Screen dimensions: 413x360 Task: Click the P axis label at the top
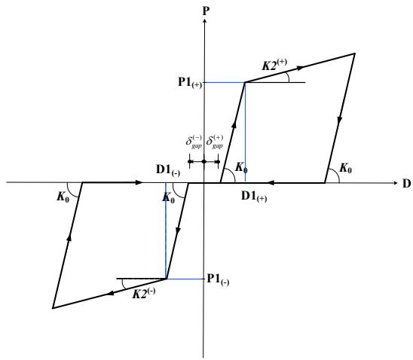tap(206, 11)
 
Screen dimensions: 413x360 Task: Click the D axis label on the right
tap(406, 184)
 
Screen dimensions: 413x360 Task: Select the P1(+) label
tap(190, 82)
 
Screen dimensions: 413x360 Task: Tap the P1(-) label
tap(218, 279)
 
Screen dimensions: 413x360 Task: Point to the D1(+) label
tap(254, 197)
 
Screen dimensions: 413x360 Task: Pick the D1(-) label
tap(168, 170)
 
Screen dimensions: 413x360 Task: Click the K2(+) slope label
tap(274, 65)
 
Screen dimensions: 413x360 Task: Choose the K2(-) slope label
tap(144, 294)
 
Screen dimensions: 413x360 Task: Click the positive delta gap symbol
tap(214, 142)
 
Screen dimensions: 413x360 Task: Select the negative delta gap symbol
tap(194, 142)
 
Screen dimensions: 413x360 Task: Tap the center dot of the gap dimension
tap(204, 161)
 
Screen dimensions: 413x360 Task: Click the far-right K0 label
tap(346, 168)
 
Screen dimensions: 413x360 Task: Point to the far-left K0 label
tap(63, 197)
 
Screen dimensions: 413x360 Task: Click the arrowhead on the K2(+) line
tap(300, 68)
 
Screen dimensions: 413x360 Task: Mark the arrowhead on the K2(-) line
tap(112, 293)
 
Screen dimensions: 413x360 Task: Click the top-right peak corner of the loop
tap(355, 53)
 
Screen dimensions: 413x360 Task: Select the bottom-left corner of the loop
tap(53, 308)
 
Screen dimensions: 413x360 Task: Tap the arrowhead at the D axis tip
tap(395, 183)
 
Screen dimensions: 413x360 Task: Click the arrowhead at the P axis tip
tap(204, 20)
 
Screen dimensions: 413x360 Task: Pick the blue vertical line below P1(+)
tap(245, 132)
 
